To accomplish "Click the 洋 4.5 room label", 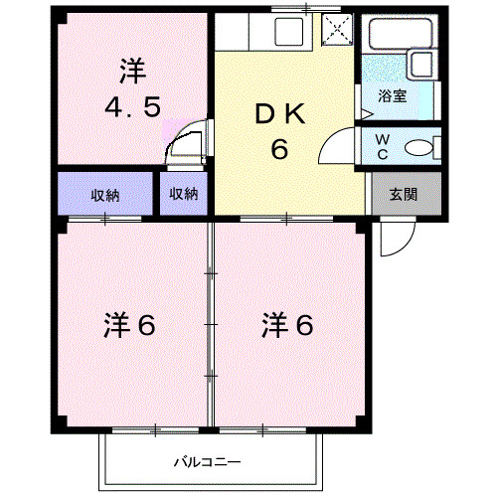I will click(131, 87).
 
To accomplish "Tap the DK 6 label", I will click(279, 132).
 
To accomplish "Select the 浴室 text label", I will click(392, 96).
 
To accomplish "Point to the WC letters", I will click(382, 146).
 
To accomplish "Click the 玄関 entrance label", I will click(402, 194).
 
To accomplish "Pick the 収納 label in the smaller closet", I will click(183, 195).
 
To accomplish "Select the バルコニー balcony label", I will click(208, 461).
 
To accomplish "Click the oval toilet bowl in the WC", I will click(420, 149).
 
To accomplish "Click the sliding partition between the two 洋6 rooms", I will click(210, 323).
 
